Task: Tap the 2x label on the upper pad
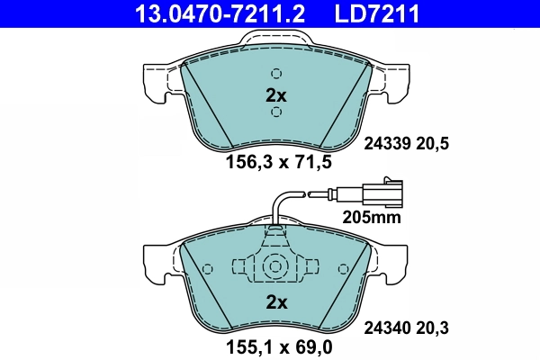(x=275, y=94)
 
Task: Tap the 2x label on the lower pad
(x=275, y=302)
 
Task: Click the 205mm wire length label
(x=371, y=217)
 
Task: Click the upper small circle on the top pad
(x=276, y=74)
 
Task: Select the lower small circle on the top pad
(x=276, y=112)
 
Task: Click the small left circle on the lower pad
(x=208, y=268)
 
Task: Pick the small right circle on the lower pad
(x=342, y=268)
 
